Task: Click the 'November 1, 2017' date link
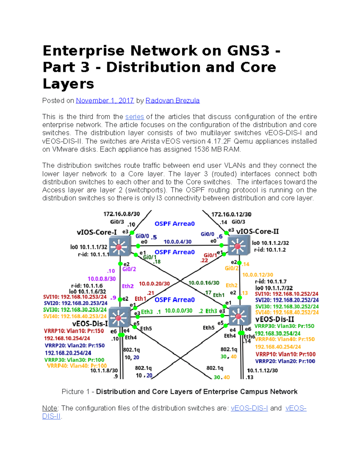pyautogui.click(x=105, y=101)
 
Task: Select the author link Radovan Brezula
pyautogui.click(x=172, y=101)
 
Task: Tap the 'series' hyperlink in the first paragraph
pyautogui.click(x=134, y=117)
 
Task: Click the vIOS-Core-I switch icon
pyautogui.click(x=119, y=246)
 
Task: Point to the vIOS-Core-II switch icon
pyautogui.click(x=238, y=246)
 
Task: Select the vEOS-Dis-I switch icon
pyautogui.click(x=118, y=318)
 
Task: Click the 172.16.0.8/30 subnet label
pyautogui.click(x=121, y=214)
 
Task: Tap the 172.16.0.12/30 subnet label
pyautogui.click(x=231, y=214)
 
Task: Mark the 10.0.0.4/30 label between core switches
pyautogui.click(x=177, y=242)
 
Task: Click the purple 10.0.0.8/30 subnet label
pyautogui.click(x=101, y=279)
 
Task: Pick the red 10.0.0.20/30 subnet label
pyautogui.click(x=154, y=284)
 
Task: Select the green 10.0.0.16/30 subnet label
pyautogui.click(x=204, y=283)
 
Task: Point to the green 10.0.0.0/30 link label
pyautogui.click(x=178, y=311)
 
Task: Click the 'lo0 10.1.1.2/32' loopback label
pyautogui.click(x=270, y=243)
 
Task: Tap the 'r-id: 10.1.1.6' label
pyautogui.click(x=87, y=286)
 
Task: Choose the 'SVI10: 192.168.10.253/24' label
pyautogui.click(x=75, y=297)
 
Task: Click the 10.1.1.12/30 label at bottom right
pyautogui.click(x=262, y=371)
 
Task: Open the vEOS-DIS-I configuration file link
pyautogui.click(x=249, y=408)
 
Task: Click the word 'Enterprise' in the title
pyautogui.click(x=83, y=50)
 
